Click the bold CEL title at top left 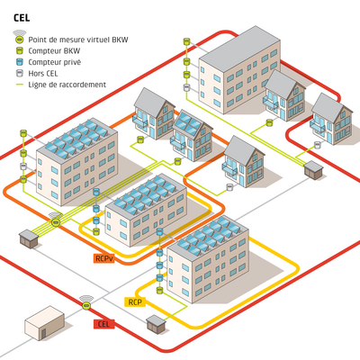[22, 18]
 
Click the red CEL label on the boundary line [104, 324]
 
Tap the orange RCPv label [104, 258]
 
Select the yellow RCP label [135, 301]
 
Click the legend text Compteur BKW [54, 51]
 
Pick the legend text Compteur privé [55, 62]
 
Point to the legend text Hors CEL [43, 74]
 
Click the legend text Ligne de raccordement [67, 85]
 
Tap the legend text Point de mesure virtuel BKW [78, 40]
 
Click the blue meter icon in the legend [20, 62]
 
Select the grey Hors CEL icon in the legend [20, 73]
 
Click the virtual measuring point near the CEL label [86, 305]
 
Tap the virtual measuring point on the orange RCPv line [56, 221]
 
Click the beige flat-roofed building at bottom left [44, 323]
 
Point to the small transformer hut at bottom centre [156, 324]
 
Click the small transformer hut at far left [29, 238]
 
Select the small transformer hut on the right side [314, 170]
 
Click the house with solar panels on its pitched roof [193, 136]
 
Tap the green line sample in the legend [20, 85]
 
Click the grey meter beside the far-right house [318, 145]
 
